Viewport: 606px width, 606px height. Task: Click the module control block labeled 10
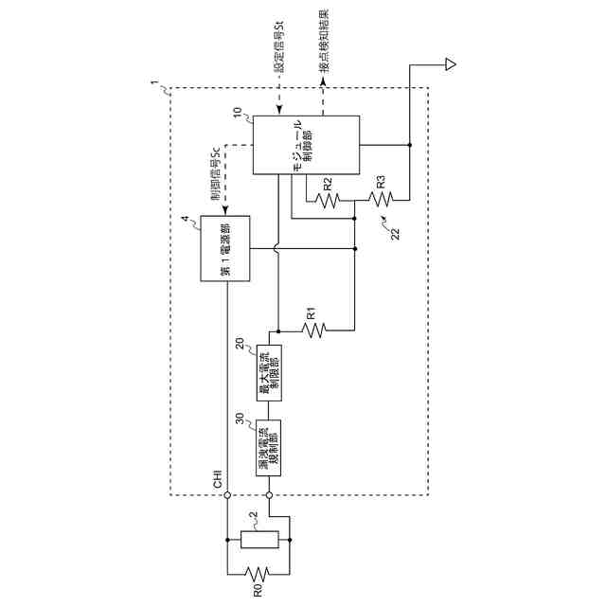click(x=305, y=145)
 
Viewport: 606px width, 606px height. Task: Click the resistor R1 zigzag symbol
click(x=313, y=330)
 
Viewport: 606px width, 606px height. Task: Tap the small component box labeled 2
click(x=258, y=541)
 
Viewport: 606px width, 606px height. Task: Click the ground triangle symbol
click(x=450, y=64)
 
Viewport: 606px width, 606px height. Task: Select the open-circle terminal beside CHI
click(x=227, y=494)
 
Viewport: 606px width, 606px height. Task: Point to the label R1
click(x=312, y=313)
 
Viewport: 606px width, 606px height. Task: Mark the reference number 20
click(x=241, y=346)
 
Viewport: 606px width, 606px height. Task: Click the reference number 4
click(x=186, y=221)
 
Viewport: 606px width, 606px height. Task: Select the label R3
click(x=380, y=181)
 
